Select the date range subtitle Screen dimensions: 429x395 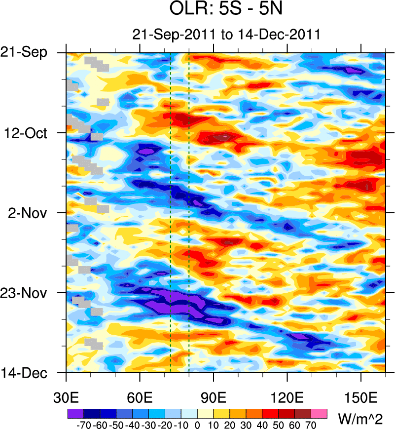226,35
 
